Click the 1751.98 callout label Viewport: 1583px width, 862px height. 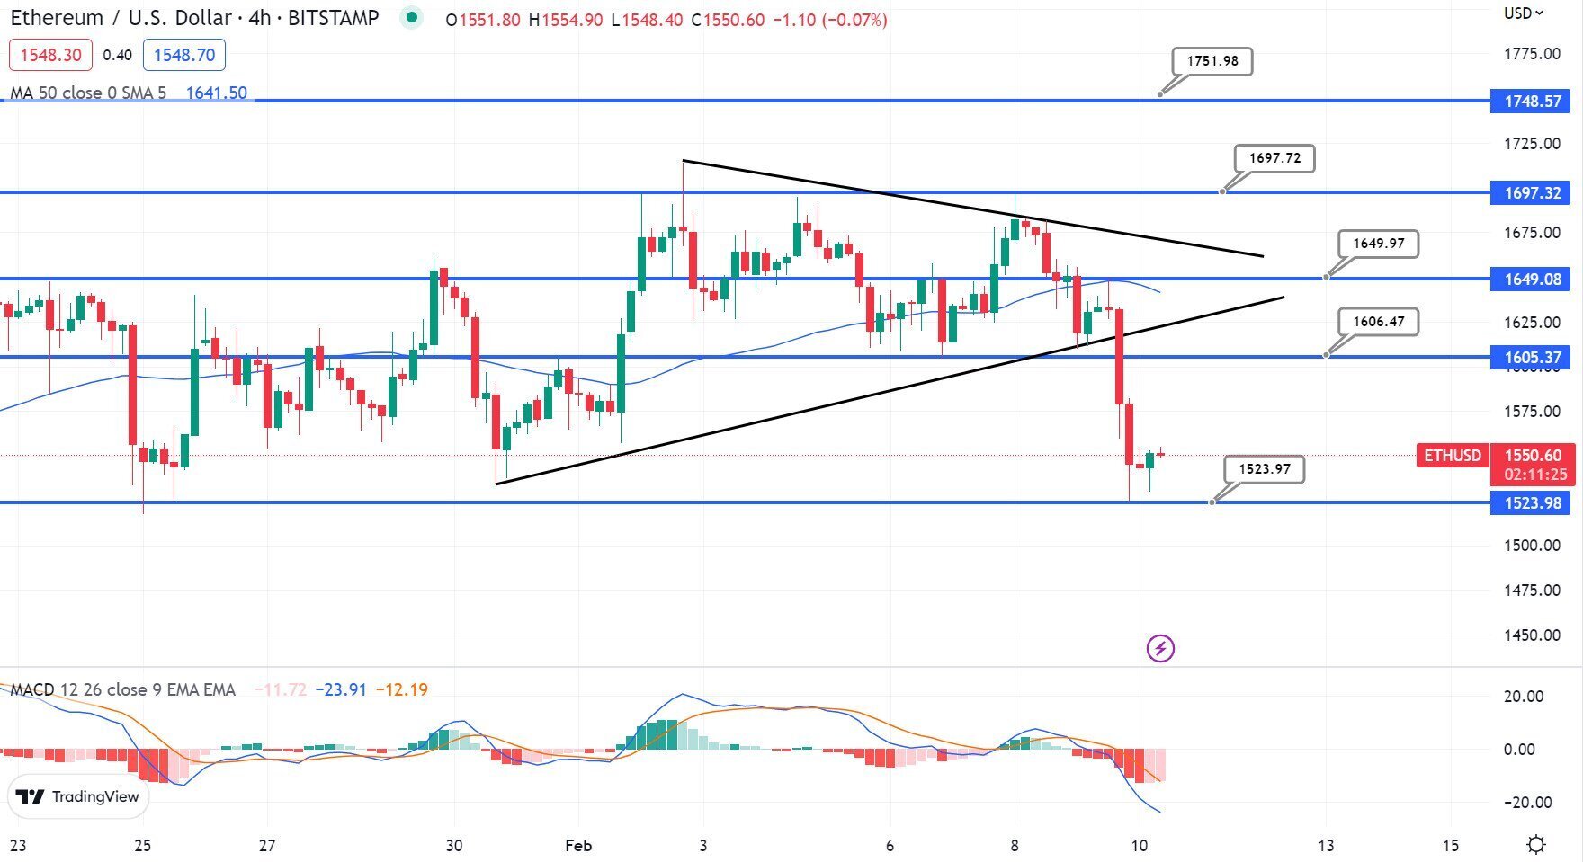point(1212,61)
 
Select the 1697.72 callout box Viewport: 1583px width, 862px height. point(1274,158)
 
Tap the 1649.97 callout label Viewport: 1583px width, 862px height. point(1378,244)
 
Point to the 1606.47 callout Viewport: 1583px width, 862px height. point(1378,322)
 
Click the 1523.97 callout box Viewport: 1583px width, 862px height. point(1264,469)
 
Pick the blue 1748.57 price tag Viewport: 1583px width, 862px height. point(1533,102)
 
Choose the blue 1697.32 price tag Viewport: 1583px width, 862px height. point(1533,193)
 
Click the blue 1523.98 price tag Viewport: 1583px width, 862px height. point(1533,503)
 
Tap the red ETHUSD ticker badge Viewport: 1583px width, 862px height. point(1452,456)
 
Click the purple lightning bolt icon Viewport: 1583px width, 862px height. point(1160,648)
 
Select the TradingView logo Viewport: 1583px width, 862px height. point(78,796)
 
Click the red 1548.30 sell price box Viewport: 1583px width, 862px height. point(50,55)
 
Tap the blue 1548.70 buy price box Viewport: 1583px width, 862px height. point(184,55)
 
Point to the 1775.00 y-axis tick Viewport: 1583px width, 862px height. point(1532,54)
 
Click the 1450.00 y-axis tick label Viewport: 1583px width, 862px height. point(1532,635)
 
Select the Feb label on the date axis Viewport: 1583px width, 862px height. point(578,846)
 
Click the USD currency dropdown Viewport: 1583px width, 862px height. point(1524,13)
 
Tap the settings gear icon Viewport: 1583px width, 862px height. point(1536,845)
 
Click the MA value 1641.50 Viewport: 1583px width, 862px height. point(216,93)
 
